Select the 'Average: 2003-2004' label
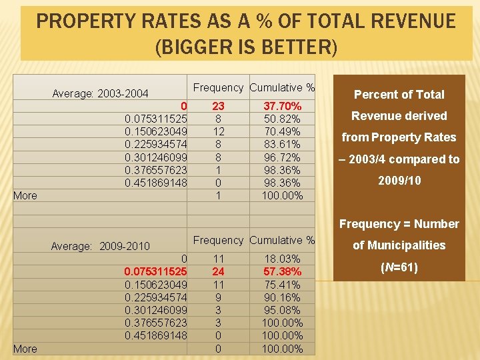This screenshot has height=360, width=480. tap(100, 93)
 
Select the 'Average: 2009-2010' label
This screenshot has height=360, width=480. tap(100, 246)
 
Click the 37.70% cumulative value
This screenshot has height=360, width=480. tap(283, 106)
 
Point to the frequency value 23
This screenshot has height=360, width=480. tap(218, 106)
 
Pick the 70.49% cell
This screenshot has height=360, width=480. tap(283, 131)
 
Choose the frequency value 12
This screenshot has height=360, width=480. tap(218, 131)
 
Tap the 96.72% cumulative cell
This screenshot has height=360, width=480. tap(283, 157)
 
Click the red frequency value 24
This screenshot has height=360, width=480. tap(218, 271)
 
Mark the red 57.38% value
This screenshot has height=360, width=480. tap(283, 271)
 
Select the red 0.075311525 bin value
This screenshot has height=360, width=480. tap(155, 271)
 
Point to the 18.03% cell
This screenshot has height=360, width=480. tap(283, 259)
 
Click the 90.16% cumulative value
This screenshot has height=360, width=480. tap(283, 297)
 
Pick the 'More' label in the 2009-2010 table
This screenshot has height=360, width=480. tap(25, 349)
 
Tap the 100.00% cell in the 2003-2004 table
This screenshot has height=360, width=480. tap(283, 195)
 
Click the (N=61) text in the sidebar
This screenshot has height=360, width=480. tap(399, 267)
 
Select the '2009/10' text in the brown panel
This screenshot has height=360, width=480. tap(399, 181)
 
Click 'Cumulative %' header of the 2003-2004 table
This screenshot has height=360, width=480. tap(282, 87)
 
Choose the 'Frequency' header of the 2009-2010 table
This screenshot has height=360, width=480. tap(218, 240)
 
